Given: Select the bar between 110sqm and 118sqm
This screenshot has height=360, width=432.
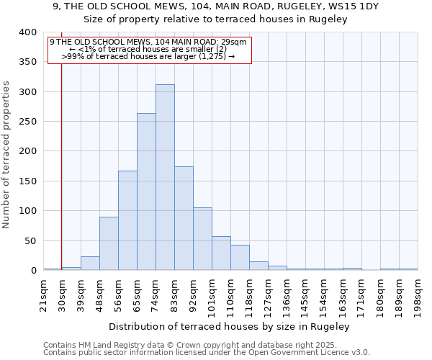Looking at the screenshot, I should pos(240,258).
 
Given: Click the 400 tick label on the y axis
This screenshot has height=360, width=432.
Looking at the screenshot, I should pos(27,32).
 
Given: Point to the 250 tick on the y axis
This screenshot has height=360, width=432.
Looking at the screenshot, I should pos(27,122).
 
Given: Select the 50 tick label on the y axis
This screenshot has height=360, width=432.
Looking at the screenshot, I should pos(30,240).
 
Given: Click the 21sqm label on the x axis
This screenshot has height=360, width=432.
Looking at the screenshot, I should pos(43,294).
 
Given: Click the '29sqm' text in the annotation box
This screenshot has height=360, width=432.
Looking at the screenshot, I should pos(235,42).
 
